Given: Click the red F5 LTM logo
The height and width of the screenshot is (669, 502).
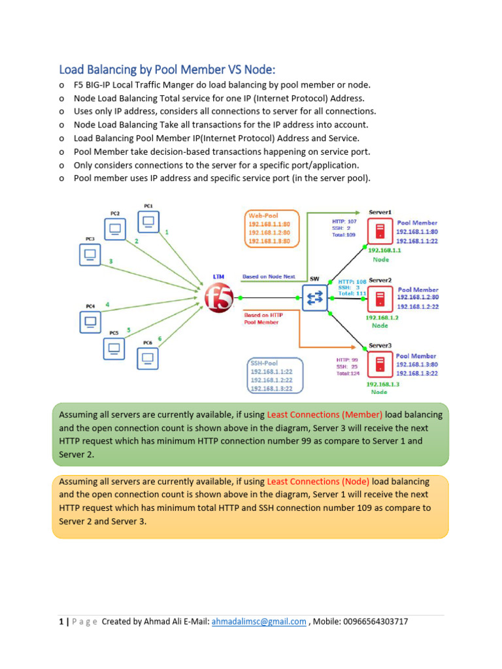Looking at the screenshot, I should click(x=219, y=299).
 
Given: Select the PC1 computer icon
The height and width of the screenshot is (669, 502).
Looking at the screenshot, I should click(x=148, y=221).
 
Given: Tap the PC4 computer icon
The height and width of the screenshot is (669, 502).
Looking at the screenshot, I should click(x=90, y=321).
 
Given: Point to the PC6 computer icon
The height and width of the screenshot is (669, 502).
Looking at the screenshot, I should click(x=148, y=357).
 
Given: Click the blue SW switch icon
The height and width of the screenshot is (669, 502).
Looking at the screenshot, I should click(x=314, y=298).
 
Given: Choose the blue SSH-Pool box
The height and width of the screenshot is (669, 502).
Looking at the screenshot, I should click(x=275, y=375).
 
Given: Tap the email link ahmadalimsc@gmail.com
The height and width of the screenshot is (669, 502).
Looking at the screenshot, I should click(x=259, y=621).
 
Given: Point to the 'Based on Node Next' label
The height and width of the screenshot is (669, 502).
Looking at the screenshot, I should click(x=269, y=276).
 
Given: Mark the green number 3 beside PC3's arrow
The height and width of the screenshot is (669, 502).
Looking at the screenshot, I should click(x=110, y=261).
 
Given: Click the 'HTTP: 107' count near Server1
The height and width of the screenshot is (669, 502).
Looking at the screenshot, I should click(x=344, y=221).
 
